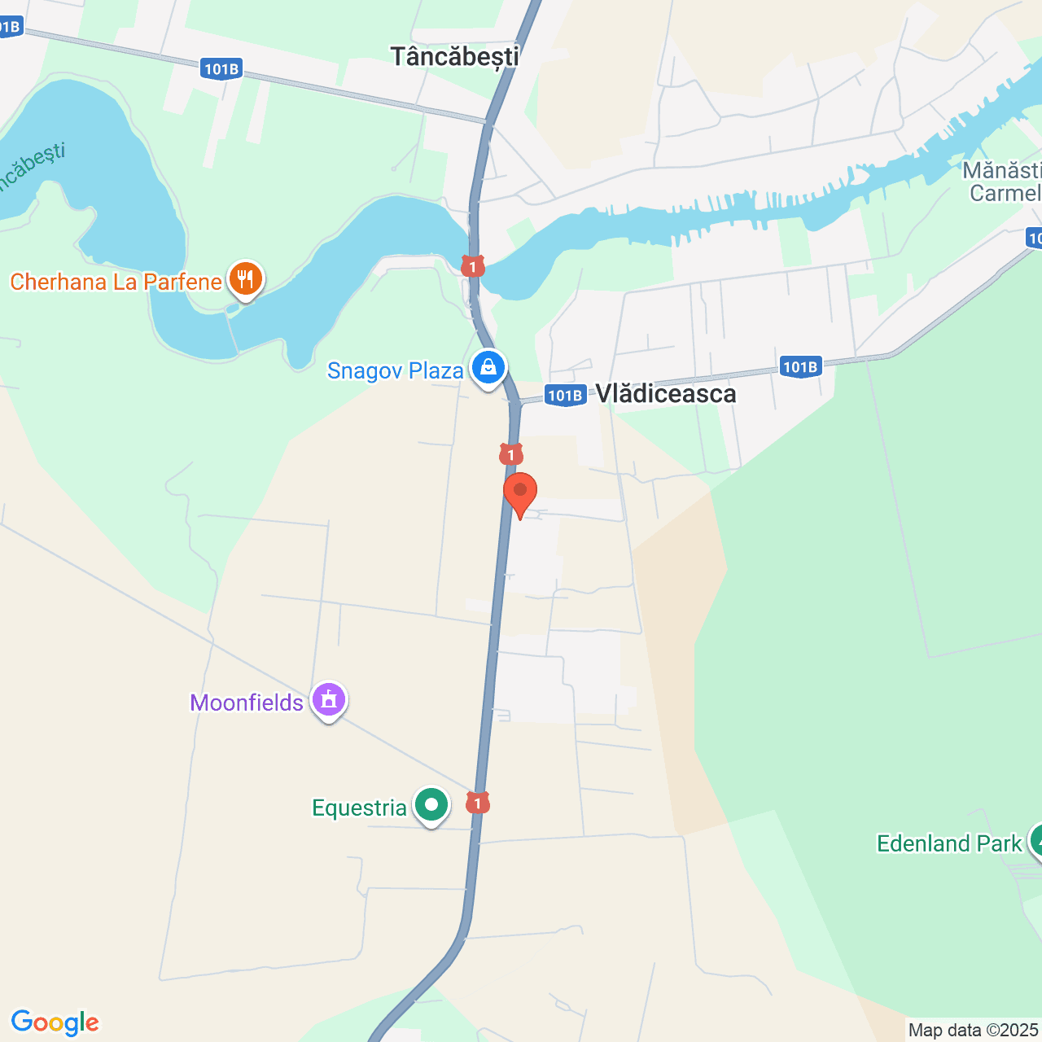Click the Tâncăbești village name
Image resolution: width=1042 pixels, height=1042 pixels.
[x=454, y=56]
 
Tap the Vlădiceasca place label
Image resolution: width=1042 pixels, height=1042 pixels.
[x=666, y=394]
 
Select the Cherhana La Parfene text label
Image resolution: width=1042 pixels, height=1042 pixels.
[x=116, y=282]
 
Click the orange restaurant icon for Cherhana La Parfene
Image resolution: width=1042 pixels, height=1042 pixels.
[x=245, y=279]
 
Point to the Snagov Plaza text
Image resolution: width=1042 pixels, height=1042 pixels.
[x=395, y=371]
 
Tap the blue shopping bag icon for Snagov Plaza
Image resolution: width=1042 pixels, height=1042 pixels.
[x=488, y=368]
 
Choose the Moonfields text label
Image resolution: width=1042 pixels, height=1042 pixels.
[x=247, y=703]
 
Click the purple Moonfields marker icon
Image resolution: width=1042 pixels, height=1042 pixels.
[x=329, y=699]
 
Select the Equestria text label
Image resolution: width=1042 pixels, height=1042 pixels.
[x=359, y=808]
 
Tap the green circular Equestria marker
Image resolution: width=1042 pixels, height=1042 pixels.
[x=431, y=805]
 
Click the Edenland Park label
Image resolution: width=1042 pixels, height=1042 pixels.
[x=948, y=843]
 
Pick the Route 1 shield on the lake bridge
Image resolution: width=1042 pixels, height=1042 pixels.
[x=473, y=266]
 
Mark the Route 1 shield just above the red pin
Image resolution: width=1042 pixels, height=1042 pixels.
[x=510, y=454]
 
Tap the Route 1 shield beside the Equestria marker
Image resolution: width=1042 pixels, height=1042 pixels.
[x=478, y=803]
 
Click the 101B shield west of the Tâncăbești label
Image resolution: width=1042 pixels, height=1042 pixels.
[x=221, y=69]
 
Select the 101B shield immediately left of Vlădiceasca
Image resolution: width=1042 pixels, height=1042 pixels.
[x=565, y=396]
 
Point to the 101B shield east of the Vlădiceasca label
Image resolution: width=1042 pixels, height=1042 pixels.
[x=799, y=367]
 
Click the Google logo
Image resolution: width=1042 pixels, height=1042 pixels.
[x=55, y=1022]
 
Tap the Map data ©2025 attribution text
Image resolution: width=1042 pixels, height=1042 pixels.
[x=974, y=1031]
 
